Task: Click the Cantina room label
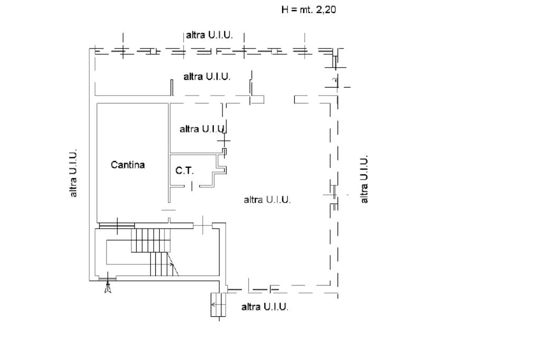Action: tap(128, 165)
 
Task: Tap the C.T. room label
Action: tap(184, 170)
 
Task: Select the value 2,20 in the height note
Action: tap(325, 10)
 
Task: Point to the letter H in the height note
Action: tap(285, 10)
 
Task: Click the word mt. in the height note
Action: tap(306, 10)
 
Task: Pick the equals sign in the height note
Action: tap(294, 10)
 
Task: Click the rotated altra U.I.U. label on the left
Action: tap(73, 173)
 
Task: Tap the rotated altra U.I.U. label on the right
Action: tap(364, 179)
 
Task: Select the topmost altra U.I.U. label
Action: tap(209, 35)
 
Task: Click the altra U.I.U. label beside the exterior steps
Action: tap(265, 307)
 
